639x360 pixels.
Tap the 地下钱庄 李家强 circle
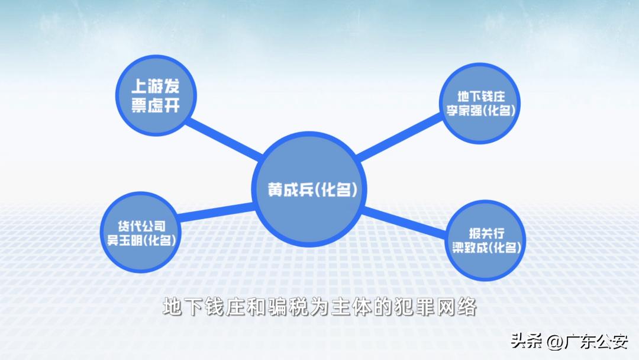[x=480, y=103]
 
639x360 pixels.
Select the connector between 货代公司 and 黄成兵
[x=215, y=211]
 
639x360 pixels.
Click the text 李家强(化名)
[x=480, y=111]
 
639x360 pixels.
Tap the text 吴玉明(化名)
[x=140, y=240]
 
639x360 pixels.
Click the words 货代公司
[x=140, y=226]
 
